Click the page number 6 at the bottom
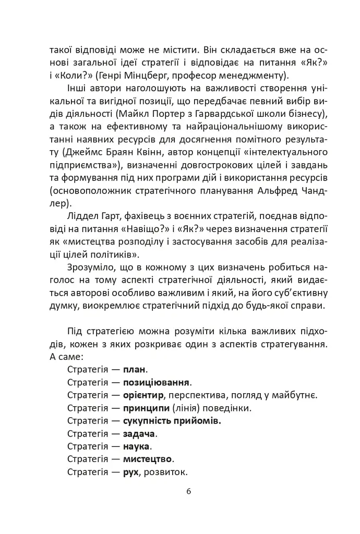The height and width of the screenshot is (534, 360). coord(189,491)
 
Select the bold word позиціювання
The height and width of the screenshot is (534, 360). coord(157,382)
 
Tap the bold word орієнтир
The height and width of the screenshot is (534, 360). coord(145,395)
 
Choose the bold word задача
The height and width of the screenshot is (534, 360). coord(139,434)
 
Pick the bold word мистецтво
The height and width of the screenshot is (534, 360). coord(148,459)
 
